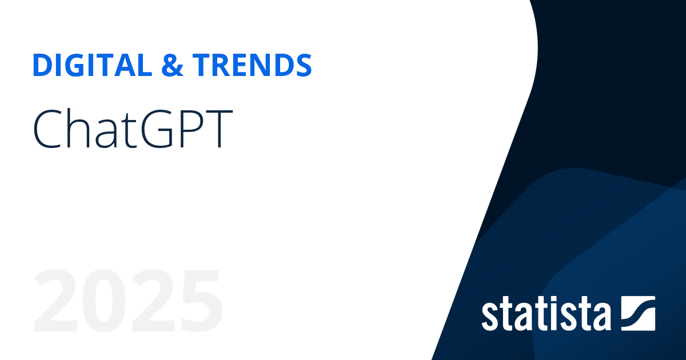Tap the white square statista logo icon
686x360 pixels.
pyautogui.click(x=637, y=313)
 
